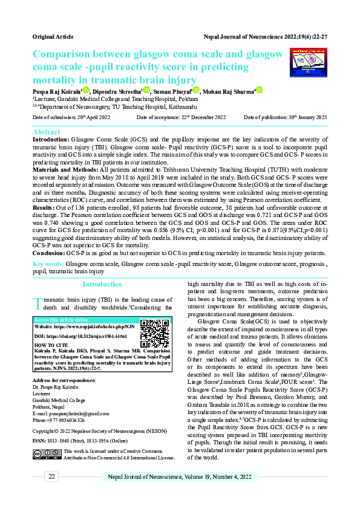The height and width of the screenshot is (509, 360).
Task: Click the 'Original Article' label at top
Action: point(53,37)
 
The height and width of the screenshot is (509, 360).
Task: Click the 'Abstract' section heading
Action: point(46,132)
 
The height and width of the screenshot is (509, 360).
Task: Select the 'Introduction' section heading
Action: point(102,284)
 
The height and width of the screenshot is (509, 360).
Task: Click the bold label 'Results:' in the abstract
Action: point(45,207)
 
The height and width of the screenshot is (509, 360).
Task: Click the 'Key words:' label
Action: point(48,264)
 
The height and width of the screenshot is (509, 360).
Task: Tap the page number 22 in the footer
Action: point(53,477)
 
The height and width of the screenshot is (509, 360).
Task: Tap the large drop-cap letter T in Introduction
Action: point(37,302)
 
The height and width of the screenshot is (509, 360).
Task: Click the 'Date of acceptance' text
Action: point(182,117)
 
